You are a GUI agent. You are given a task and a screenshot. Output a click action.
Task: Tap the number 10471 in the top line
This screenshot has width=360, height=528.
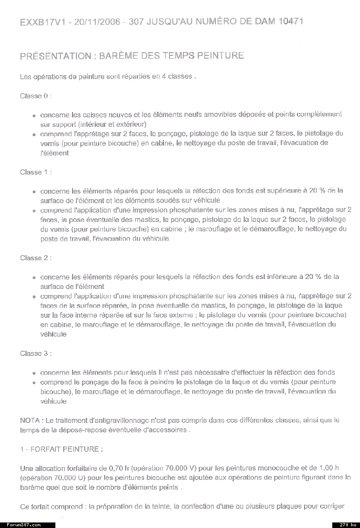tap(288, 22)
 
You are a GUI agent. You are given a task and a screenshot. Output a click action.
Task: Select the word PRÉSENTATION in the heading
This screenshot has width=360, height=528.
tap(55, 56)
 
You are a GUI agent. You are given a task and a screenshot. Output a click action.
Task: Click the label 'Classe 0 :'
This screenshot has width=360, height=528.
tap(35, 96)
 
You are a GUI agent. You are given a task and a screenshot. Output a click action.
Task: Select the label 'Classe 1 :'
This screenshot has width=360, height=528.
tap(35, 172)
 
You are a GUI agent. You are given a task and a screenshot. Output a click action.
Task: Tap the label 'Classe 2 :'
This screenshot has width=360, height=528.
tap(35, 258)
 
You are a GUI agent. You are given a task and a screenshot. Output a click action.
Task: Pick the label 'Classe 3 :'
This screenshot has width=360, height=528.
tap(35, 353)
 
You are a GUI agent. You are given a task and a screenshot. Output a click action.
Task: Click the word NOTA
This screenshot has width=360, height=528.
tap(29, 421)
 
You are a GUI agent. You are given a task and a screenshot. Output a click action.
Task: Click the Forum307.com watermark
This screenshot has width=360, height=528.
tap(24, 524)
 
